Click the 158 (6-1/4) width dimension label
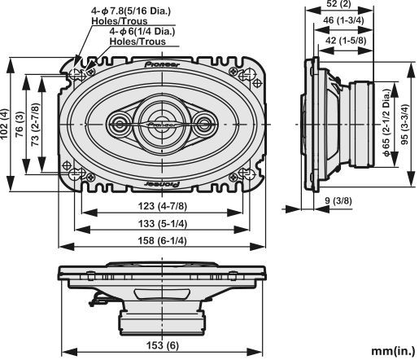[x=164, y=240]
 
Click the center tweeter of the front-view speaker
[x=163, y=123]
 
